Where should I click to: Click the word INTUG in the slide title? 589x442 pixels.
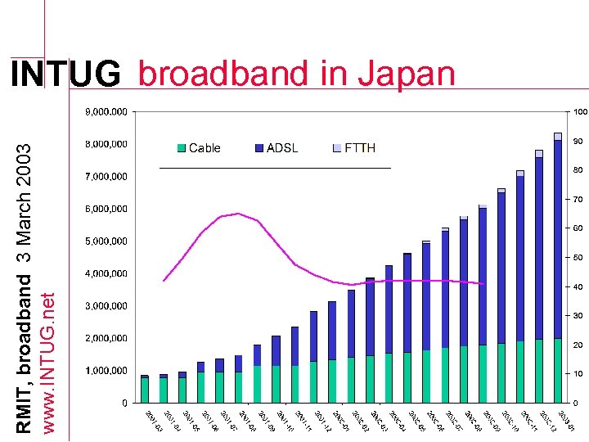65,75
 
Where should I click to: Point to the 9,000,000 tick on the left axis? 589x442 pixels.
107,111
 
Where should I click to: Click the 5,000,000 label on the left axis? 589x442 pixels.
107,241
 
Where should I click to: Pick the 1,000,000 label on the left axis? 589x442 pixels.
107,371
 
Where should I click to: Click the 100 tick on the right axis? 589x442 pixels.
579,111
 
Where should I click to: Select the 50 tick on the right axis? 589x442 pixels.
578,258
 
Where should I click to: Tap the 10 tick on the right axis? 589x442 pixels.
578,374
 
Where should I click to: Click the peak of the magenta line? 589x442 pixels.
237,214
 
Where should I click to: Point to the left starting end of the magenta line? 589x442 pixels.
164,281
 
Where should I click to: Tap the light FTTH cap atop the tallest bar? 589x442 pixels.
557,136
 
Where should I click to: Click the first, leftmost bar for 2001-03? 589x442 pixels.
145,389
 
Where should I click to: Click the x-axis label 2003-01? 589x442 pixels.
564,421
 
